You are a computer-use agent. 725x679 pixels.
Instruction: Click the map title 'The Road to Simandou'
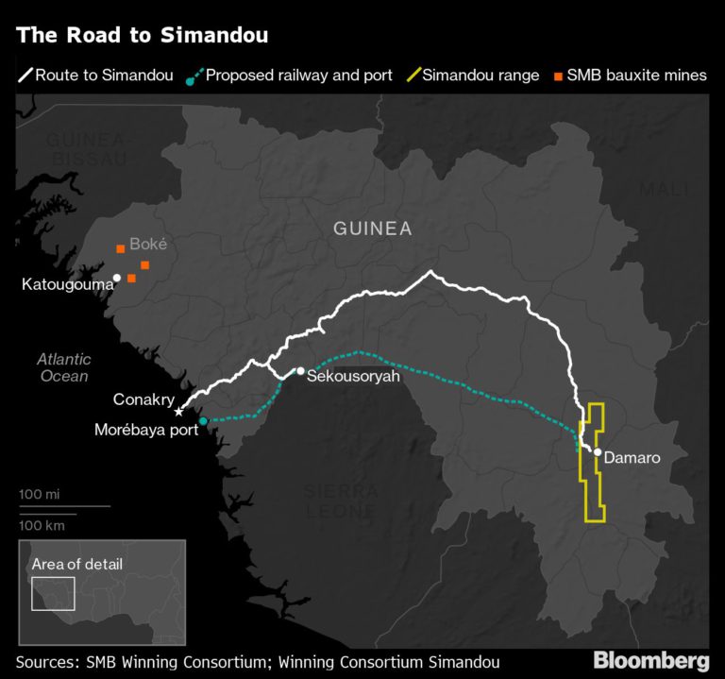[143, 36]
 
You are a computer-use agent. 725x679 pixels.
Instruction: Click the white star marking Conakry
[179, 412]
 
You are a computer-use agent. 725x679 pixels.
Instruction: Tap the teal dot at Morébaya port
[203, 421]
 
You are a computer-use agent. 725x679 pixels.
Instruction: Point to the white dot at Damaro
[598, 451]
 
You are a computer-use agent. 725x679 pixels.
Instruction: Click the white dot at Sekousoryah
[300, 371]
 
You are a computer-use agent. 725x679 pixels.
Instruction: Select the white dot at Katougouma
[117, 278]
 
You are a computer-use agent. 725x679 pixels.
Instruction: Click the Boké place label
[148, 244]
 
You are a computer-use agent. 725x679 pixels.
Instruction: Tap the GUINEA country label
[372, 229]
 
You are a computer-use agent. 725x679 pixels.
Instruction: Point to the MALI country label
[665, 190]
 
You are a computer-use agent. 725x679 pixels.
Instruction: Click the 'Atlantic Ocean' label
[63, 367]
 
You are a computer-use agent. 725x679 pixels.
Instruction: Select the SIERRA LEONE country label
[341, 501]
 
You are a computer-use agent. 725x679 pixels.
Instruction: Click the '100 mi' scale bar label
[39, 494]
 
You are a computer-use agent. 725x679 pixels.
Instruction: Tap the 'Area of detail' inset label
[76, 565]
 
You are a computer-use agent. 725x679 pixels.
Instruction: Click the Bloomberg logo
[650, 660]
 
